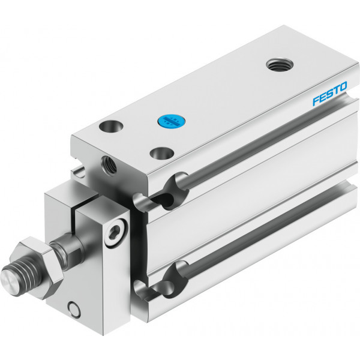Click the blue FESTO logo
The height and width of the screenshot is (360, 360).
(x=330, y=94)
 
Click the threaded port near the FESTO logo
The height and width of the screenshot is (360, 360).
(x=280, y=65)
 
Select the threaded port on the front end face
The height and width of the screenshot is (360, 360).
(x=109, y=165)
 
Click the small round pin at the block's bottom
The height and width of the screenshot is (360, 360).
(x=74, y=310)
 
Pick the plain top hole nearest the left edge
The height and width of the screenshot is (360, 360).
(x=111, y=126)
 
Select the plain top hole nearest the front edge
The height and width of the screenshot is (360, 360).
(x=161, y=154)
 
